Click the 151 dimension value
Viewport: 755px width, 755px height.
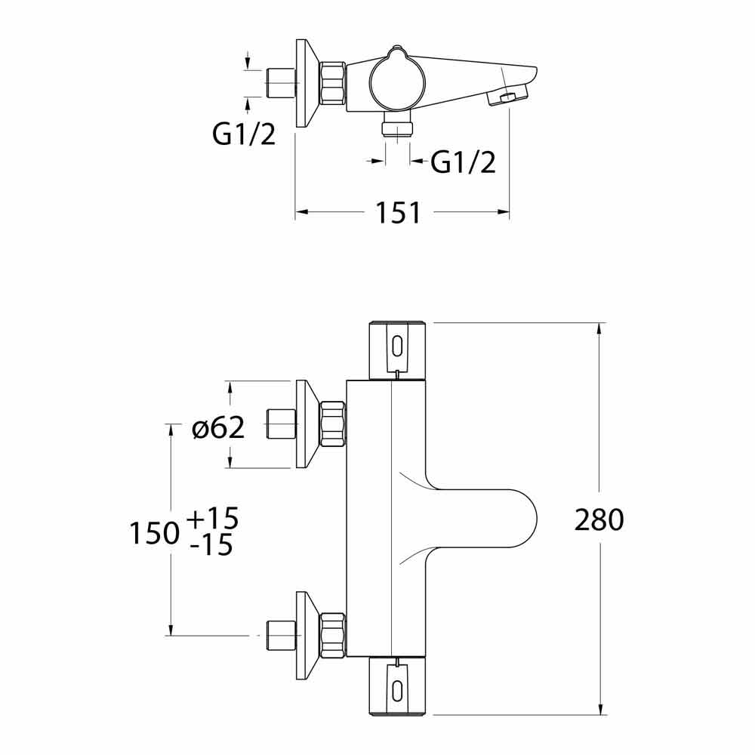[398, 214]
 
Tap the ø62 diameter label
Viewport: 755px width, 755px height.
[218, 428]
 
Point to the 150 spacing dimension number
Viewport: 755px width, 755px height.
[154, 534]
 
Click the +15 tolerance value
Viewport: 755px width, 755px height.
[212, 519]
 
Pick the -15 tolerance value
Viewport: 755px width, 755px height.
[212, 545]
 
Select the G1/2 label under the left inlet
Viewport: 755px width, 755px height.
[243, 134]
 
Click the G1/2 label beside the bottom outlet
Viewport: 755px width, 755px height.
[464, 162]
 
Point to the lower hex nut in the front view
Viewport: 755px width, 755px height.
[333, 635]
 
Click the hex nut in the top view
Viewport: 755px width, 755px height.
[333, 83]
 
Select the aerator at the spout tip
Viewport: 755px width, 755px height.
[507, 98]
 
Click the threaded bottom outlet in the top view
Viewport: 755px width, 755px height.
[397, 128]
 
